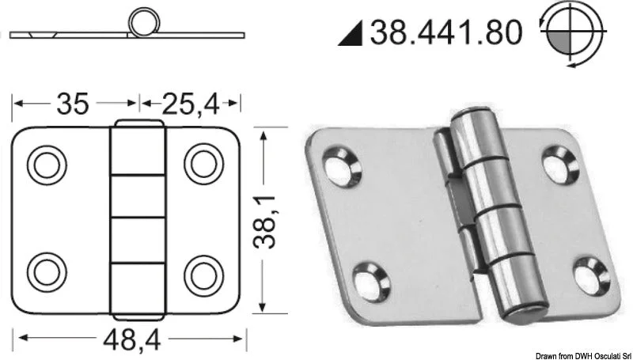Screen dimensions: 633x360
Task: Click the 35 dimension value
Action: (x=72, y=104)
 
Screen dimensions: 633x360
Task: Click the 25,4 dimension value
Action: (x=190, y=104)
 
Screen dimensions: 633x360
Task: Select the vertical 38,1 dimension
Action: (x=264, y=222)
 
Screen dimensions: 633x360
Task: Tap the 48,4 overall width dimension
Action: (x=132, y=339)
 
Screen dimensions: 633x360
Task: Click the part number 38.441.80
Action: (x=446, y=32)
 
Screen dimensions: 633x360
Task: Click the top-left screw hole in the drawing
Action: (x=47, y=165)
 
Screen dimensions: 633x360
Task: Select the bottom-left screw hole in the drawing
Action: (x=47, y=272)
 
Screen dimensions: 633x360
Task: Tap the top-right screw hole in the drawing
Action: (x=204, y=164)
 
